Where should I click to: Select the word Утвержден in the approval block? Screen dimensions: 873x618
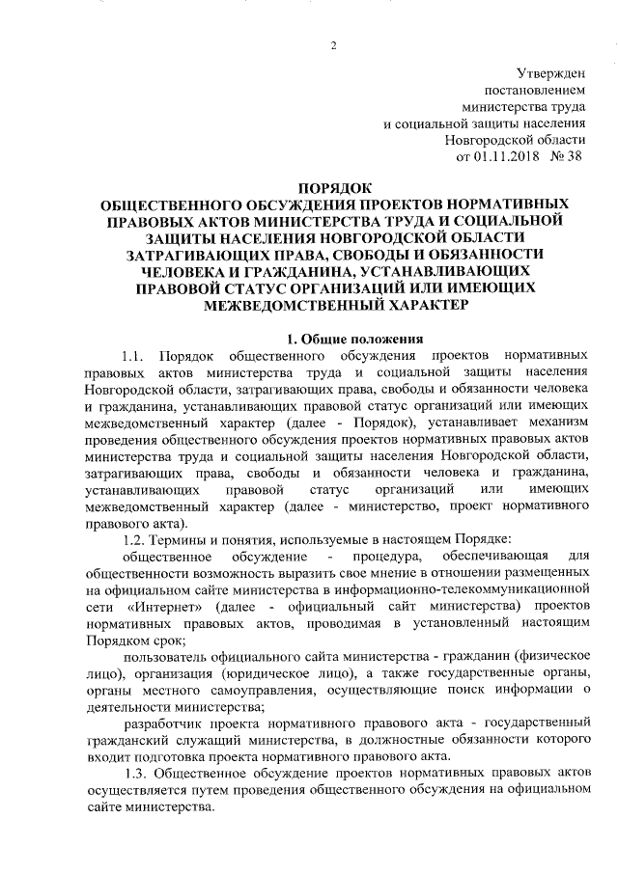point(544,72)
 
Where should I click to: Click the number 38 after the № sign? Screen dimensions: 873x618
point(573,154)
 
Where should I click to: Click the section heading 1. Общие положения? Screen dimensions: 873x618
point(351,339)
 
